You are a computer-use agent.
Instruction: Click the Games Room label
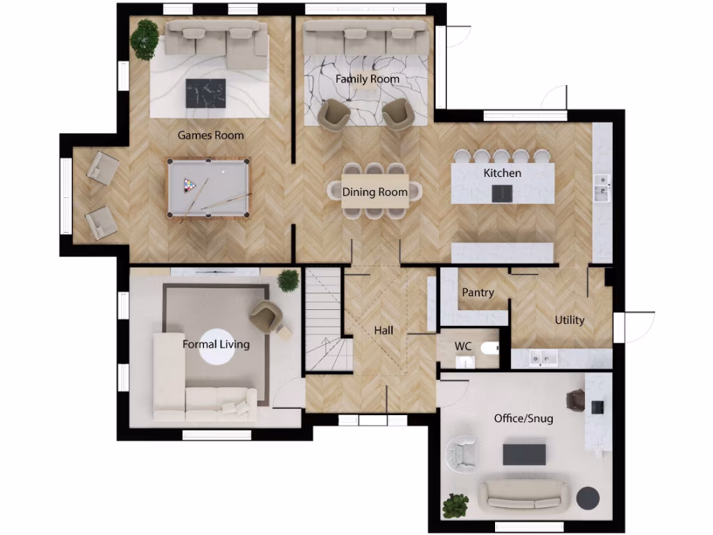tap(210, 135)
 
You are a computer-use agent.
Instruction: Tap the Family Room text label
tap(368, 79)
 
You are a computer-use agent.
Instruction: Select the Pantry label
tap(478, 293)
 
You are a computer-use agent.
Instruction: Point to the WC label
tap(464, 346)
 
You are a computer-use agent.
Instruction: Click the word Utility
tap(569, 320)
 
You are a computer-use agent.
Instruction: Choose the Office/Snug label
tap(524, 419)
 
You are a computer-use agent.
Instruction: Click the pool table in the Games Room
tap(208, 187)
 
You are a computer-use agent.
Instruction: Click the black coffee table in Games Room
tap(205, 93)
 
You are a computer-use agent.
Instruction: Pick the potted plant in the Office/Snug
tap(455, 504)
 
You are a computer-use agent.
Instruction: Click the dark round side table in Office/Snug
tap(588, 498)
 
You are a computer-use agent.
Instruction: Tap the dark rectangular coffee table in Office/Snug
tap(524, 454)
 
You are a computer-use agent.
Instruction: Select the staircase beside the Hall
tap(323, 320)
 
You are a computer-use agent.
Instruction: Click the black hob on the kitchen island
tap(502, 194)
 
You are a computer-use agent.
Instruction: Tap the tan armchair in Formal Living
tap(266, 316)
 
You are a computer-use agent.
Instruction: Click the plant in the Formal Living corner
tap(288, 280)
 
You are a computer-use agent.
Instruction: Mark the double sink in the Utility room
tap(542, 358)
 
